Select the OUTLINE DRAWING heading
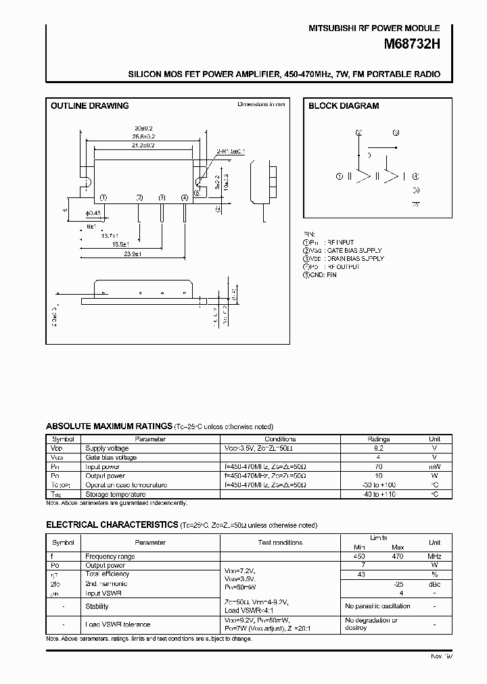(90, 106)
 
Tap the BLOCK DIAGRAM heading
(344, 106)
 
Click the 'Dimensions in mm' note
(261, 105)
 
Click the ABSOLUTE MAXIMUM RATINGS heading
(109, 426)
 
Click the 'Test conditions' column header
(280, 543)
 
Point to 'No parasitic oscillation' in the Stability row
(377, 606)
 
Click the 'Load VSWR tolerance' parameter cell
(118, 625)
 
